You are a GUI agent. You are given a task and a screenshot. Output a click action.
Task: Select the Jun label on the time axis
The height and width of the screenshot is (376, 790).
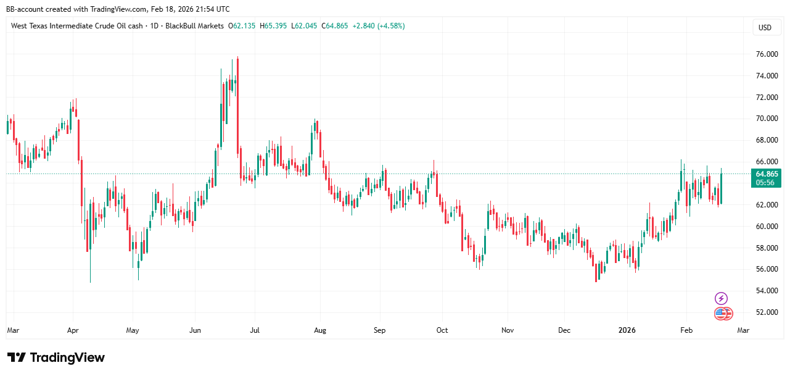pos(195,330)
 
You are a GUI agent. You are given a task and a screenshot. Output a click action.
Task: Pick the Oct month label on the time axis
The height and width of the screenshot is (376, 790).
pos(442,330)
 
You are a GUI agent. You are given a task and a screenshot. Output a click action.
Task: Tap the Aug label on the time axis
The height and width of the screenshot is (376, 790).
pos(319,330)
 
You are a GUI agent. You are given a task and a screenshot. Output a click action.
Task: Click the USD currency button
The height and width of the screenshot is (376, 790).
pos(765,28)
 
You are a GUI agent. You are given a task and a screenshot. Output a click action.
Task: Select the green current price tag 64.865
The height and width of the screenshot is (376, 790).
pos(765,174)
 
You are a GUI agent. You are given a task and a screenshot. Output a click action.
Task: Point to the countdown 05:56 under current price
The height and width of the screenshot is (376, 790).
pos(765,183)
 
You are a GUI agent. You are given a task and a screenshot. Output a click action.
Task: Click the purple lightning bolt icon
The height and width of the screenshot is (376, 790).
pos(721,299)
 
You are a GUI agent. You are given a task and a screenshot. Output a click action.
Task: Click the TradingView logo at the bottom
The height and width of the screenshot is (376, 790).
pos(56,357)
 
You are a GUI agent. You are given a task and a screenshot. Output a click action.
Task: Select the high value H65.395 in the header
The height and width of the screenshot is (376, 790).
pos(273,26)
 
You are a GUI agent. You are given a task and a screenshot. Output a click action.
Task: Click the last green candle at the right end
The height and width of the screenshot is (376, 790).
pos(721,188)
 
